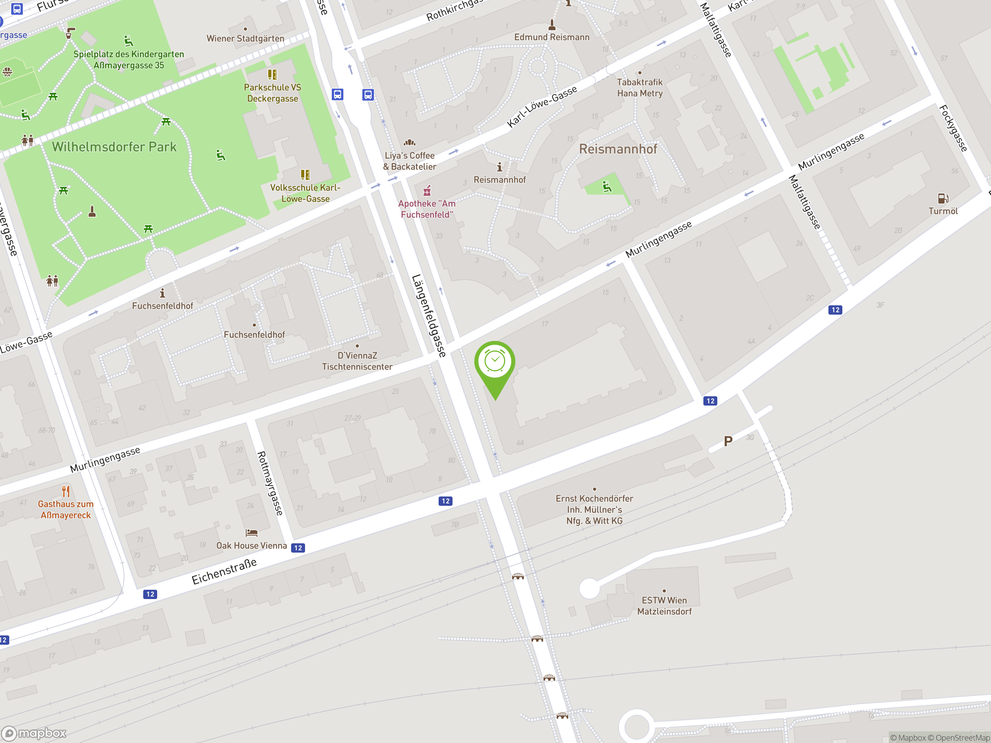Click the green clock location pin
tap(495, 363)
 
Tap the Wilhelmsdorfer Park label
tap(114, 147)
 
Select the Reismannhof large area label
tap(618, 149)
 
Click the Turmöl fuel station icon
tap(943, 198)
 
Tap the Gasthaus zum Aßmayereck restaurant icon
tap(66, 491)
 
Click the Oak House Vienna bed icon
tap(251, 532)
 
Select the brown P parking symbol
tap(728, 442)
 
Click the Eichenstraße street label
tap(224, 572)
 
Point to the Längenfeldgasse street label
tap(429, 316)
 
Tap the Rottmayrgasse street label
tap(270, 483)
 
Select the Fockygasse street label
tap(953, 128)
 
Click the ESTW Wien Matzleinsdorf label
tap(664, 606)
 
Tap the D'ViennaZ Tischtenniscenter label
tap(357, 361)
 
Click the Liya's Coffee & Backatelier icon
tap(410, 143)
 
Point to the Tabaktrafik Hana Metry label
tap(640, 88)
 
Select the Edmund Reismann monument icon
tap(552, 24)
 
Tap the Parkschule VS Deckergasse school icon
tap(273, 74)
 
